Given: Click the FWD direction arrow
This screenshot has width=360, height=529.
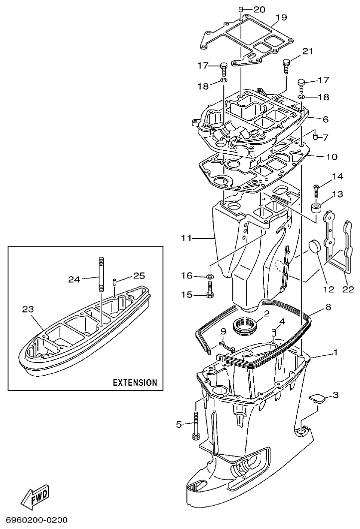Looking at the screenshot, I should (35, 498).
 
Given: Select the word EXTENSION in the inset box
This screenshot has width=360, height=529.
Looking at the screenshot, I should (135, 383).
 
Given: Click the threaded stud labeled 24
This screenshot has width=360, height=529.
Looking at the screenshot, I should (100, 274).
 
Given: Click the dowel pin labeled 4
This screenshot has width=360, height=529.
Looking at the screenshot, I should (273, 333).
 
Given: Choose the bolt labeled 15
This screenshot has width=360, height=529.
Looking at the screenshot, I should (210, 289).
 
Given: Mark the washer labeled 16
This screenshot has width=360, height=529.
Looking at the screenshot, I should (210, 276).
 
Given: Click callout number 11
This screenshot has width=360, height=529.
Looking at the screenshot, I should (185, 239).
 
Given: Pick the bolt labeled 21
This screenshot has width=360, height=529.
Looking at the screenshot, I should (286, 64).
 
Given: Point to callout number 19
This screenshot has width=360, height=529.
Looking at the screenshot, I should (281, 17).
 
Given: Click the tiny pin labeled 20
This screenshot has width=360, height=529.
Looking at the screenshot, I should (240, 9).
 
